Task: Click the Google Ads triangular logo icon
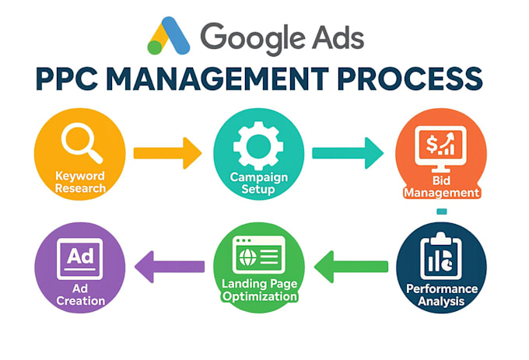click(x=169, y=36)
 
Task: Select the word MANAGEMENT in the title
click(x=217, y=79)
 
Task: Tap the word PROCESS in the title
click(x=409, y=79)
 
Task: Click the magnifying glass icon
click(x=82, y=143)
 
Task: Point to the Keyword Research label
click(x=80, y=182)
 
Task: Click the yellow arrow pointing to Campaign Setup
click(x=168, y=153)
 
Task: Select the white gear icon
click(x=258, y=145)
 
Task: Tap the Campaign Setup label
click(x=259, y=183)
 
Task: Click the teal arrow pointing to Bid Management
click(x=348, y=153)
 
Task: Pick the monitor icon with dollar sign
click(x=440, y=149)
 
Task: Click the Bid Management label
click(x=441, y=187)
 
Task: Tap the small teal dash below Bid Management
click(x=442, y=211)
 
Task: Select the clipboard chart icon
click(x=441, y=256)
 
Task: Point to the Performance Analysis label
click(x=442, y=295)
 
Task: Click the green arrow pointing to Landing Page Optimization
click(x=351, y=267)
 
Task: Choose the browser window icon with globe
click(x=259, y=255)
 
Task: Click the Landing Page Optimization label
click(x=259, y=290)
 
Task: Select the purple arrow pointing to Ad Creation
click(x=170, y=267)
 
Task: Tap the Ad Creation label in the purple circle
click(x=80, y=295)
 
